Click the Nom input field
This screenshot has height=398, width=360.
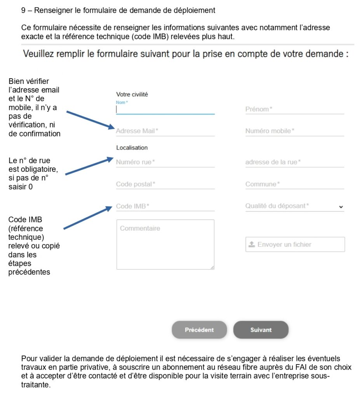click(165, 109)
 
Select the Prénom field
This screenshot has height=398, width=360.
click(294, 109)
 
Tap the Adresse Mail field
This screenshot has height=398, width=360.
click(165, 131)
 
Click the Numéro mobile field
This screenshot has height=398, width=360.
click(294, 131)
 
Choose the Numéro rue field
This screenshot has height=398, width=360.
click(165, 162)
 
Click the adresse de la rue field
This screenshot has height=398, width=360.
click(294, 162)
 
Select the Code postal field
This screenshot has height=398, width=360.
click(165, 184)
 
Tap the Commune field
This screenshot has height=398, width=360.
click(294, 184)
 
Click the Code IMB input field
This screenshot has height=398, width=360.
click(165, 206)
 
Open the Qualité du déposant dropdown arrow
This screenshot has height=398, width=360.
click(341, 207)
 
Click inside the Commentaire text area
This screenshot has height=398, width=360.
click(165, 244)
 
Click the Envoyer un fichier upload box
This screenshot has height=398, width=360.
click(295, 244)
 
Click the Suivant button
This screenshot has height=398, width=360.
click(261, 330)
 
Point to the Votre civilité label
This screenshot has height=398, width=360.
click(132, 94)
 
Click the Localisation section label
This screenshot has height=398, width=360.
click(132, 148)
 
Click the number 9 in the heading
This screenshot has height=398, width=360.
click(23, 10)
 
